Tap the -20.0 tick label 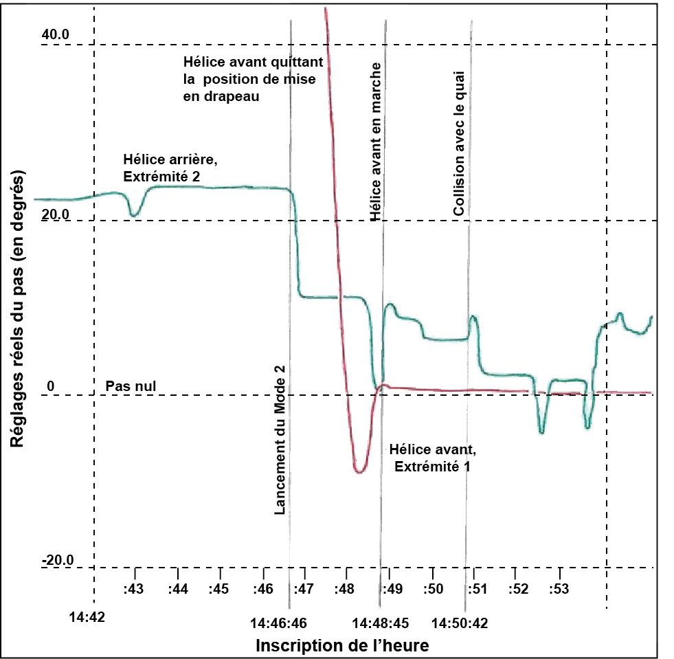click(x=57, y=561)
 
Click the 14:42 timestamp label click(x=87, y=617)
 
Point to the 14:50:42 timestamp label click(x=460, y=623)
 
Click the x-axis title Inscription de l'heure click(x=343, y=646)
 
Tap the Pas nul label click(x=131, y=387)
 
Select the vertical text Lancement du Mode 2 click(x=280, y=440)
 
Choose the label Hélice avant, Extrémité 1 click(x=431, y=458)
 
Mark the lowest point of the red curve click(x=359, y=471)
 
